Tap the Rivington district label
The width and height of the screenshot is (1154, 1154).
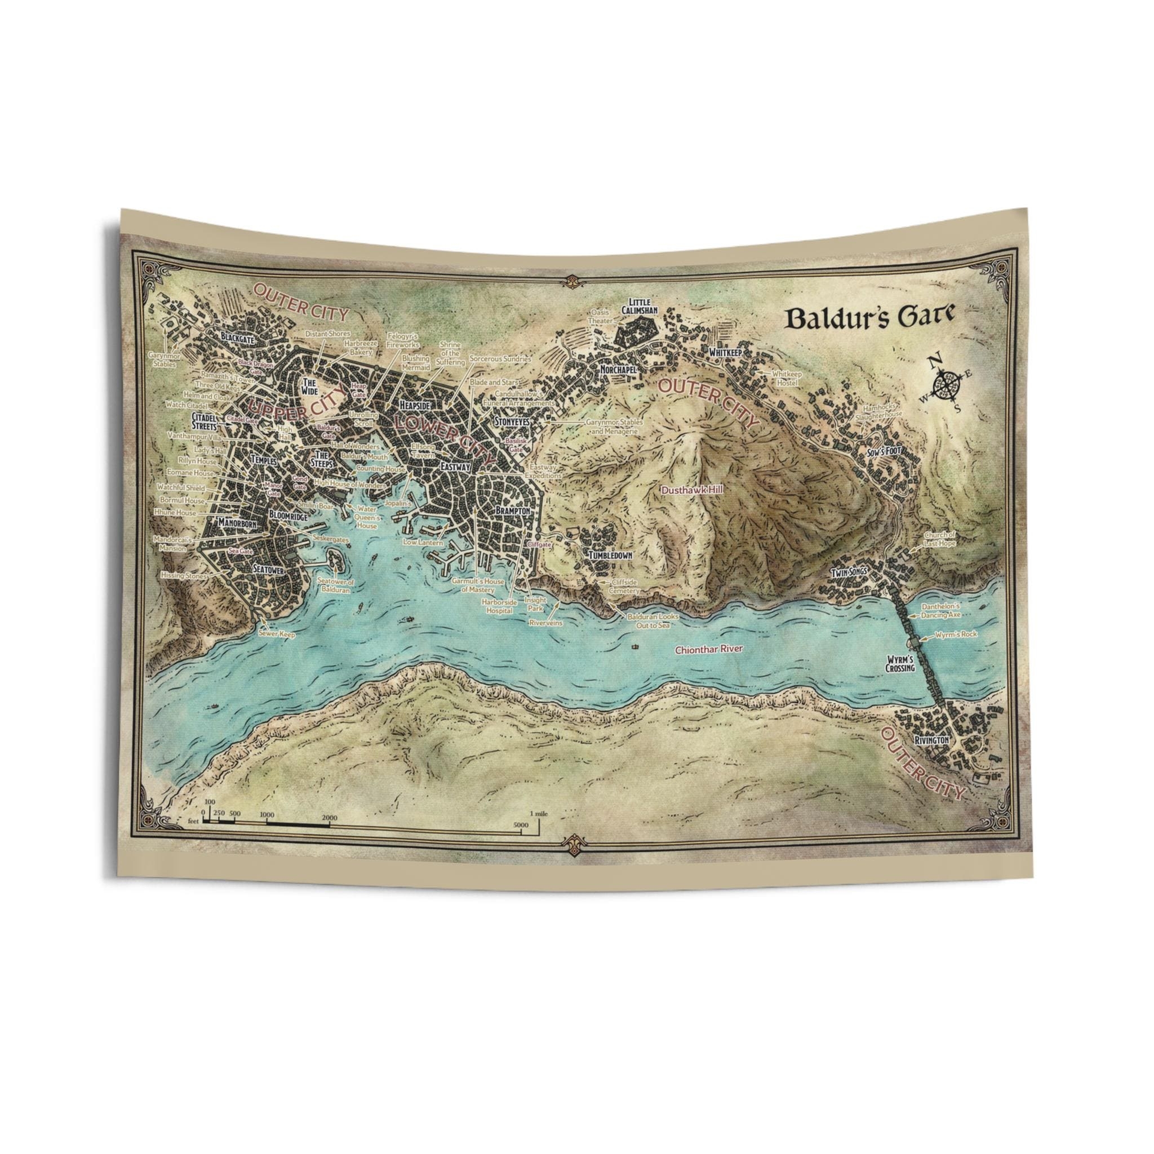[x=931, y=740]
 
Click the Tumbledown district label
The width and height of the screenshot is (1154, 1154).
[x=610, y=555]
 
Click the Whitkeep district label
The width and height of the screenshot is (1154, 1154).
[x=725, y=353]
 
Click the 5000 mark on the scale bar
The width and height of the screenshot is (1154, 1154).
[x=521, y=825]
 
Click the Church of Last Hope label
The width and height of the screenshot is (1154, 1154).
[x=940, y=539]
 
